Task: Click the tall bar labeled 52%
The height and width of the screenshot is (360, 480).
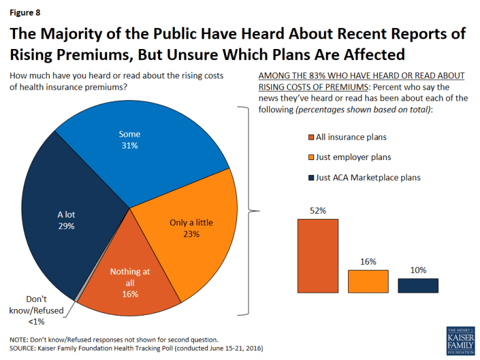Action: click(x=318, y=255)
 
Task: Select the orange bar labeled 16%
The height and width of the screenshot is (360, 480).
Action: click(x=368, y=281)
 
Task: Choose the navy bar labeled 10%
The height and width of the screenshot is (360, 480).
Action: click(x=418, y=286)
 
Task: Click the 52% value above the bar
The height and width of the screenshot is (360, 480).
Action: click(x=317, y=210)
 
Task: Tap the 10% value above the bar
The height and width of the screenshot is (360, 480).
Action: click(x=418, y=270)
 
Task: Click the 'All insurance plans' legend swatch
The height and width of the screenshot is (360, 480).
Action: click(x=311, y=137)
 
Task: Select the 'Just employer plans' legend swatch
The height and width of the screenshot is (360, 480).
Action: click(x=311, y=157)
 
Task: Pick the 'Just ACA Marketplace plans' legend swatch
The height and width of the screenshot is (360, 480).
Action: click(x=311, y=177)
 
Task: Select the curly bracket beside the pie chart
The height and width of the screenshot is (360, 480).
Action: click(x=249, y=210)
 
